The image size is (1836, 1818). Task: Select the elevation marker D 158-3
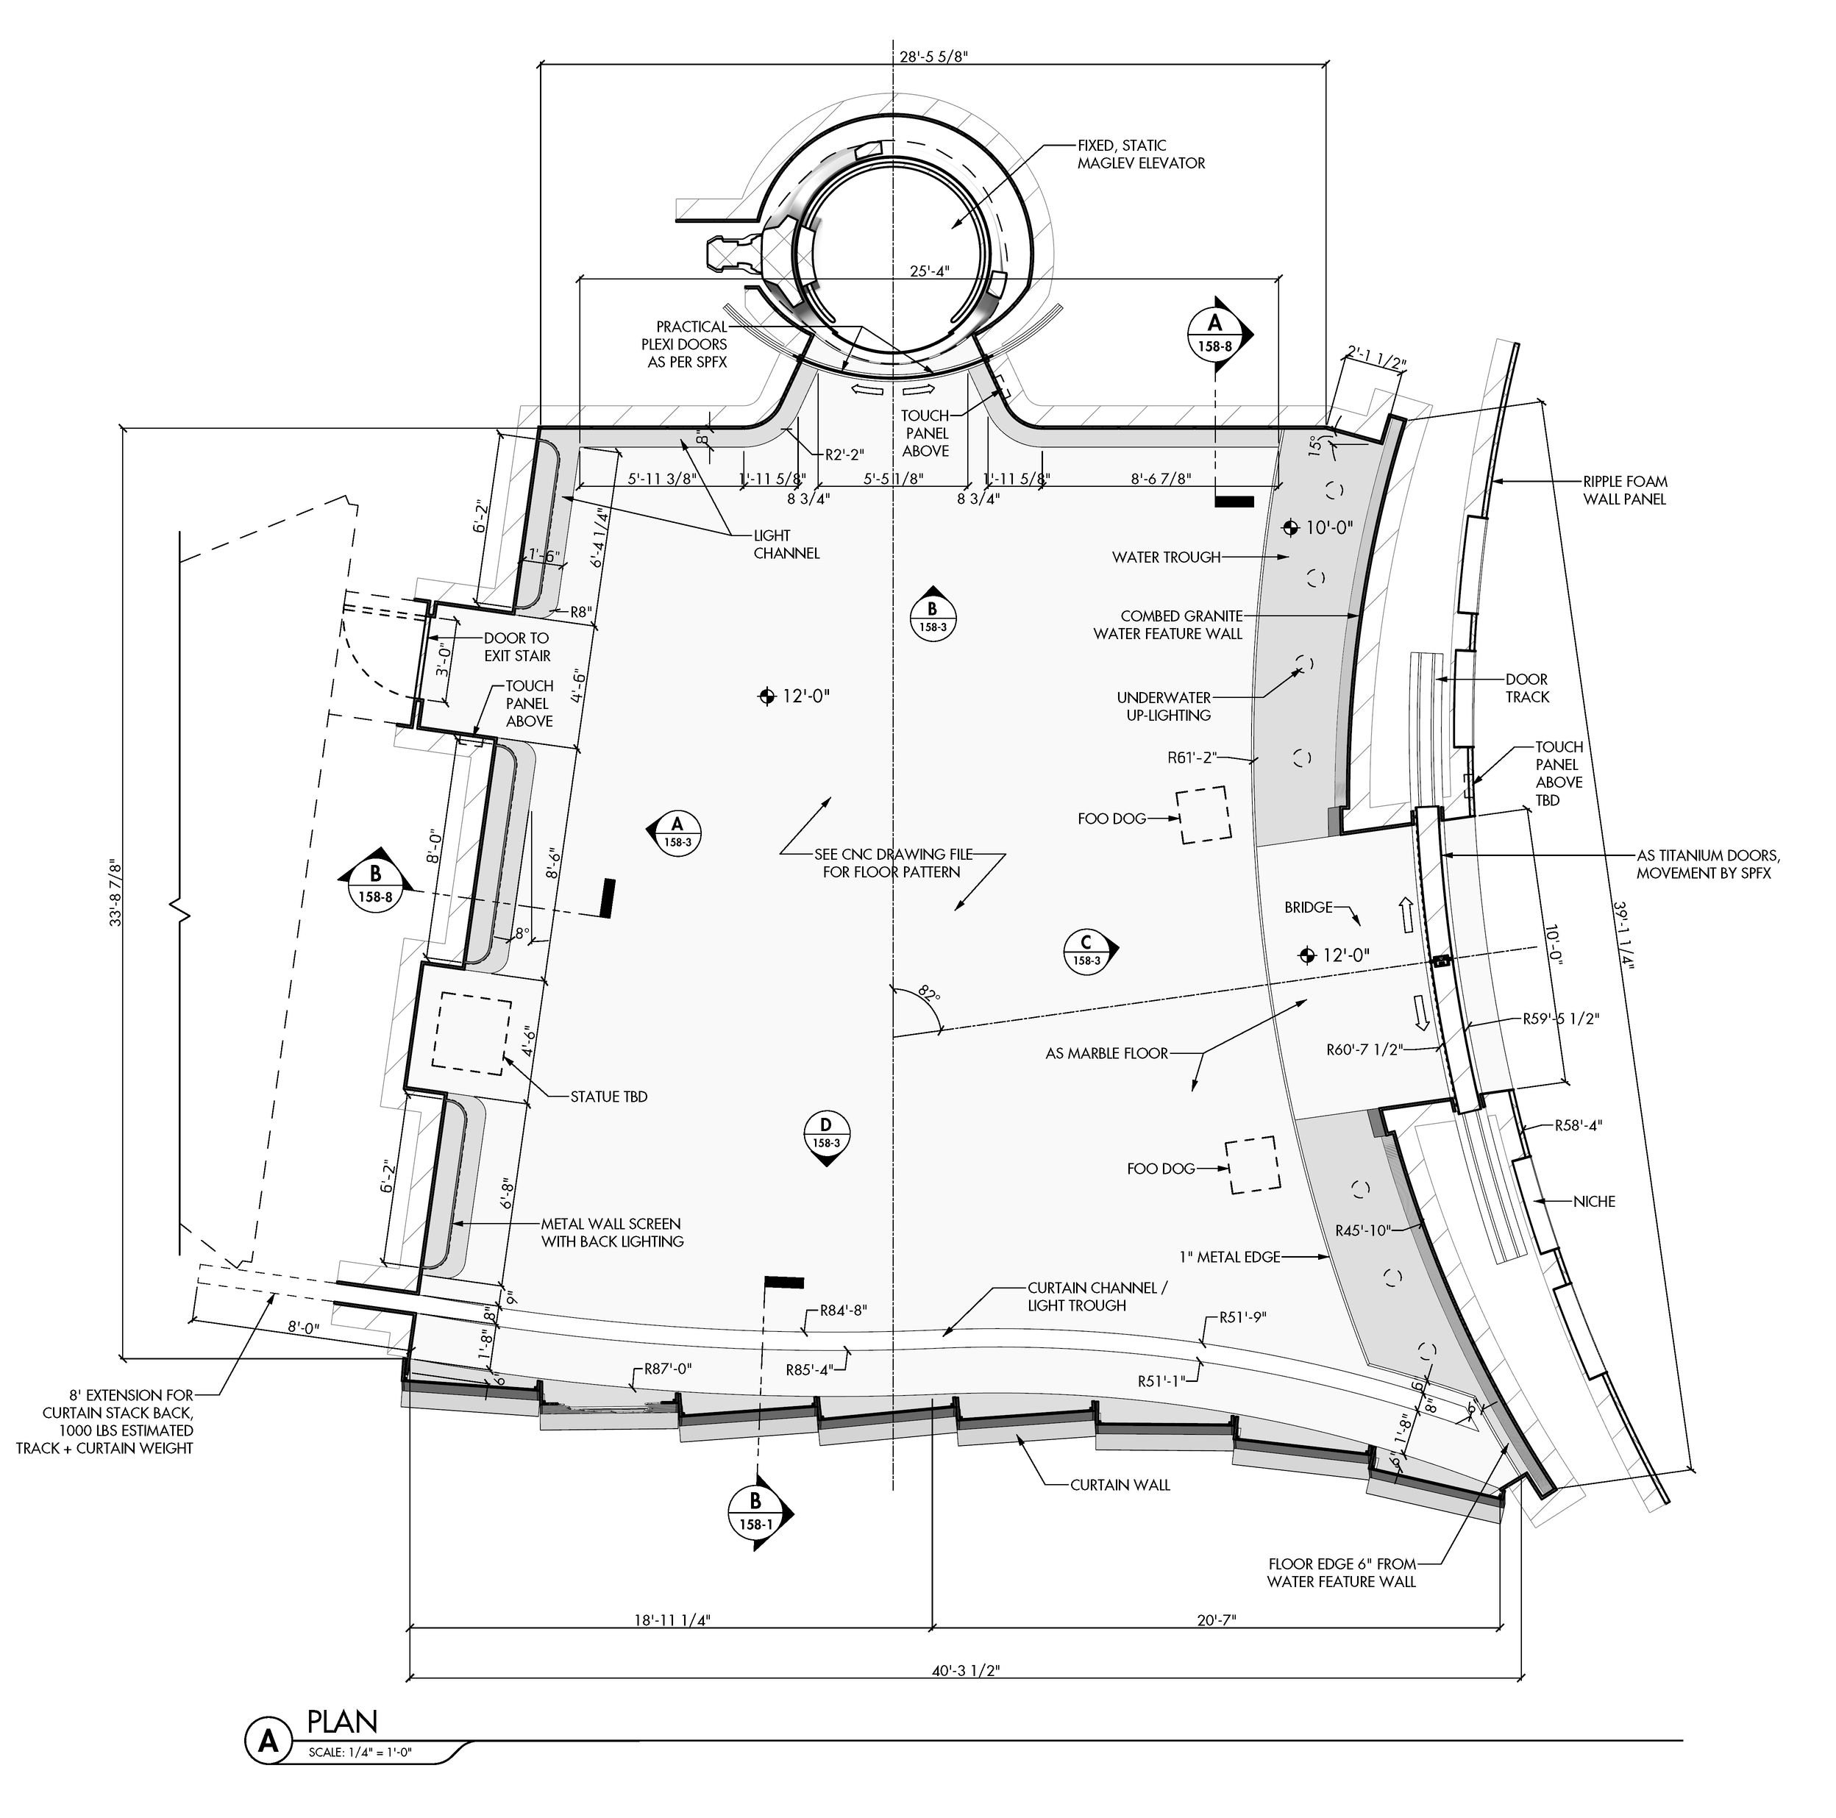pyautogui.click(x=826, y=1135)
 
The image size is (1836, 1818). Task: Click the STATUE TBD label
pyautogui.click(x=608, y=1097)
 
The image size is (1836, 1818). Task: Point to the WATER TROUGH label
pyautogui.click(x=1166, y=557)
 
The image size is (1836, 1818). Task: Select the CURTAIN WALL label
pyautogui.click(x=1120, y=1484)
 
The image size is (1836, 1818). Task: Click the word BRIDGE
pyautogui.click(x=1309, y=908)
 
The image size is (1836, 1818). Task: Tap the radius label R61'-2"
pyautogui.click(x=1192, y=758)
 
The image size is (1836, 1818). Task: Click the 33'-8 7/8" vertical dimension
pyautogui.click(x=116, y=892)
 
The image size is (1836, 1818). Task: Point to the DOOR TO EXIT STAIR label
pyautogui.click(x=517, y=647)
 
